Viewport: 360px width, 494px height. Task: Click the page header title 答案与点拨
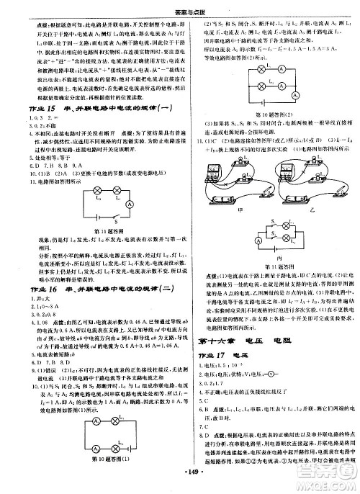(x=179, y=6)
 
